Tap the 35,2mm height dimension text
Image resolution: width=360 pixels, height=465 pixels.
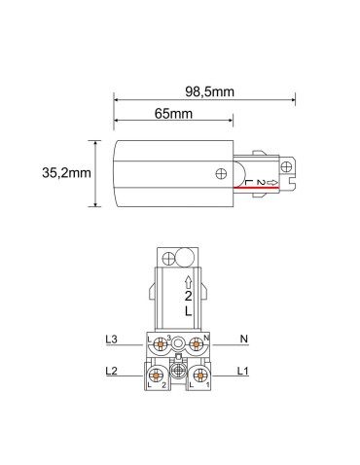[67, 173]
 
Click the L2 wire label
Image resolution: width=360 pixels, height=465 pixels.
[111, 373]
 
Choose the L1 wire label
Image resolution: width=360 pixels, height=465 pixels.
[242, 373]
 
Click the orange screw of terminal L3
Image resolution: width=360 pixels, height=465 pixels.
[160, 341]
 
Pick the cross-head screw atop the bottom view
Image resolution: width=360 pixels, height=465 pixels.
[167, 259]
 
